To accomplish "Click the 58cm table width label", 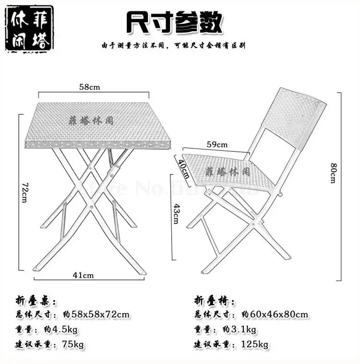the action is pos(90,87).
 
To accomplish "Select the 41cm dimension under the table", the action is pos(83,275).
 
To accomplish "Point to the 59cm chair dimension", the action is pos(217,144).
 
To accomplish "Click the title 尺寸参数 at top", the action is pos(175,23).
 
